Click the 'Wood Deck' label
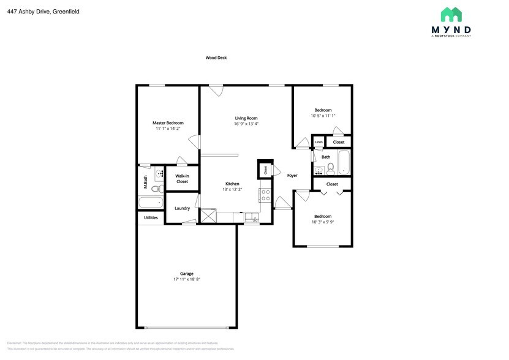click(216, 58)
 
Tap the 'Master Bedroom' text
click(168, 123)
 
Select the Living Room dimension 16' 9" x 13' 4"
click(246, 124)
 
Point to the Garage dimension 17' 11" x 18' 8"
click(187, 279)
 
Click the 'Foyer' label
click(292, 176)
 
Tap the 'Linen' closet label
click(319, 142)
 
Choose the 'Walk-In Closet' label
click(182, 179)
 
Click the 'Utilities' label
click(151, 217)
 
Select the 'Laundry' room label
click(182, 208)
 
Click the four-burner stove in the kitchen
click(266, 195)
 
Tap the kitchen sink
click(251, 217)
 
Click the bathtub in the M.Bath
click(151, 203)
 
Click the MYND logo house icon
click(451, 15)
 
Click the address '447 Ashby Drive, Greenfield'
click(43, 12)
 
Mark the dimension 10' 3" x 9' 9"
click(323, 222)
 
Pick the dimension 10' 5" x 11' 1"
click(323, 116)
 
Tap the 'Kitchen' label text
click(232, 184)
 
